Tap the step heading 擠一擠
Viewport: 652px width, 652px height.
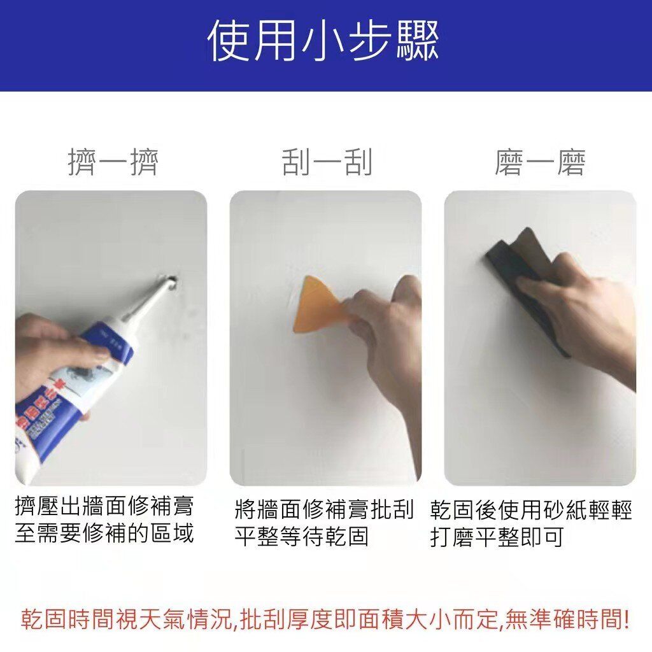tap(113, 162)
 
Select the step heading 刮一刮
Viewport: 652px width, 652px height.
tap(327, 162)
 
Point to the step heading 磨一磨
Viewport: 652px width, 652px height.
tap(540, 162)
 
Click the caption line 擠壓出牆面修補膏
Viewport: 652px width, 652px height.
tap(104, 506)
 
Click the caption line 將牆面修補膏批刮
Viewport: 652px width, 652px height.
tap(324, 509)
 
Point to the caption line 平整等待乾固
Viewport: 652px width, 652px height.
tap(302, 536)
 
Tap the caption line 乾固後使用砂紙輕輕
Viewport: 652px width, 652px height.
tap(531, 510)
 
